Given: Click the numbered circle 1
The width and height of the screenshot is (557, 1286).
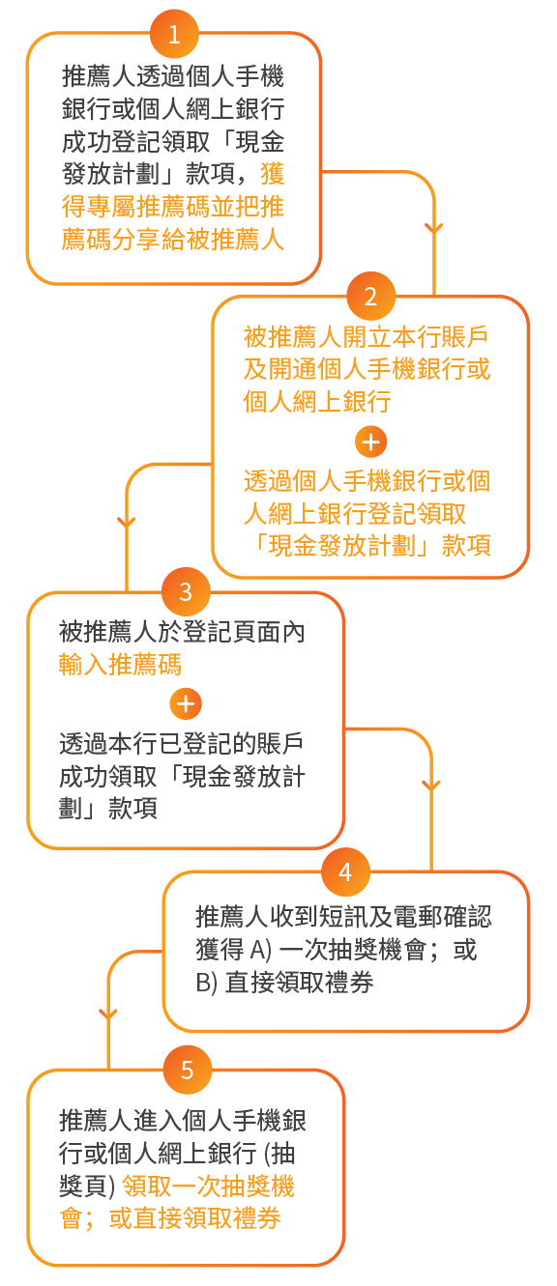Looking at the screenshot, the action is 174,34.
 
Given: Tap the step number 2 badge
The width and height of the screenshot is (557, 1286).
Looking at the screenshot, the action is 370,296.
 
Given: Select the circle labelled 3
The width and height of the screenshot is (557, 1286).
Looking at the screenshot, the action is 186,591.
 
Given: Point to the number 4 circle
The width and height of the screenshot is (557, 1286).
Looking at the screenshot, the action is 345,872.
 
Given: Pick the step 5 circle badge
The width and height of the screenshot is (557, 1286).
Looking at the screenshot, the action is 188,1070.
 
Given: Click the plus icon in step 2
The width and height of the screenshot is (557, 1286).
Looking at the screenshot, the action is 370,442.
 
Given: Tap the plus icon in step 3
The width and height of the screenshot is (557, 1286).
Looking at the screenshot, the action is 186,703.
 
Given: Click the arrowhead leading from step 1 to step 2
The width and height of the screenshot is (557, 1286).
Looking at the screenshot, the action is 434,228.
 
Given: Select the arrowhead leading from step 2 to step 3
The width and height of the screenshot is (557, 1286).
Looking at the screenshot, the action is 127,522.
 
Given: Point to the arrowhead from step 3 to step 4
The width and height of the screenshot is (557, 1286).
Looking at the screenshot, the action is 431,785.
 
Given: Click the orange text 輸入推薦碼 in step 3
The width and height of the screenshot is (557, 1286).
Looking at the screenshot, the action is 120,664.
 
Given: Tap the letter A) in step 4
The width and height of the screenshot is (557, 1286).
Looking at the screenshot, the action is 260,950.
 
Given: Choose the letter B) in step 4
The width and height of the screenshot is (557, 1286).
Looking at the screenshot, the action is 206,983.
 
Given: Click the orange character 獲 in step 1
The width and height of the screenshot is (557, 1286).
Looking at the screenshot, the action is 273,173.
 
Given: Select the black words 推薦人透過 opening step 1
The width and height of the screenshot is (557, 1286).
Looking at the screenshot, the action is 124,75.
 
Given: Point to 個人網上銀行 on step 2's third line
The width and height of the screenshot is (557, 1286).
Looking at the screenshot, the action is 317,401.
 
